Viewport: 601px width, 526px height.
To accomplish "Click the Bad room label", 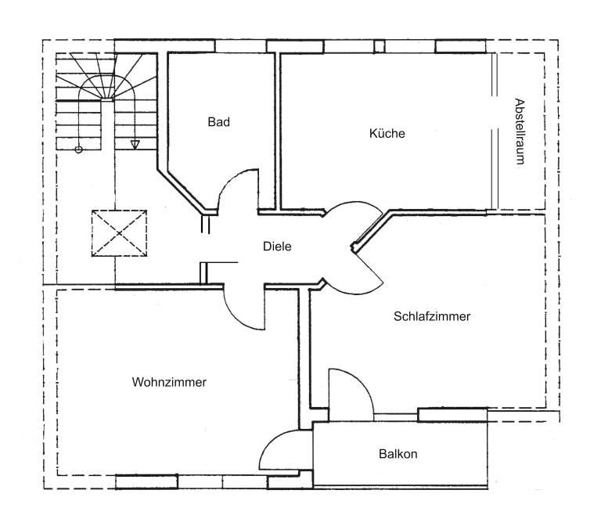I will pyautogui.click(x=218, y=122).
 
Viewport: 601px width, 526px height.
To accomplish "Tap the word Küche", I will pyautogui.click(x=387, y=134).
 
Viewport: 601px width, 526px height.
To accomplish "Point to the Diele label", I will pyautogui.click(x=277, y=246).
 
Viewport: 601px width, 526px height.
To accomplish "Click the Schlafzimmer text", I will pyautogui.click(x=432, y=317).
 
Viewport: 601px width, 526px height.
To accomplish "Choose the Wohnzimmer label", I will pyautogui.click(x=169, y=383).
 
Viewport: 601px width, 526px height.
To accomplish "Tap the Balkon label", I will pyautogui.click(x=398, y=454).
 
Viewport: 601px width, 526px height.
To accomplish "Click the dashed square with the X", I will pyautogui.click(x=119, y=232).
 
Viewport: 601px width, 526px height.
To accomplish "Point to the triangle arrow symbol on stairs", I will pyautogui.click(x=135, y=144).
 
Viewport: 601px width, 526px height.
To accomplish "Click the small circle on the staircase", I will pyautogui.click(x=78, y=149).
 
